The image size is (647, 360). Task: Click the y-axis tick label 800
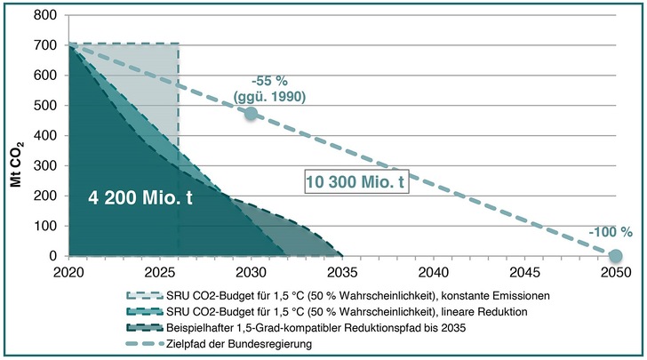(48, 15)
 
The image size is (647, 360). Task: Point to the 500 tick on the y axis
(48, 106)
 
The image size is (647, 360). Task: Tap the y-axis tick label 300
(48, 166)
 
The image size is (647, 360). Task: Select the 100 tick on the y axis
(48, 227)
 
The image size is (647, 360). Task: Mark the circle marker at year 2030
(251, 113)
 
